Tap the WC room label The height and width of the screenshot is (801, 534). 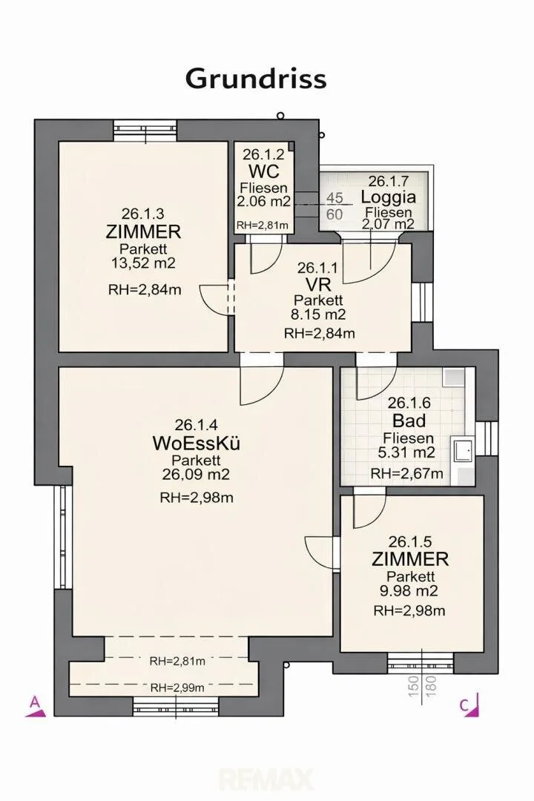point(264,171)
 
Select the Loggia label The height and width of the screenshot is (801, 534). point(389,197)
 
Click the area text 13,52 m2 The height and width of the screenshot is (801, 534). point(143,263)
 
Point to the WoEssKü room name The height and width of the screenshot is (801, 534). point(197,443)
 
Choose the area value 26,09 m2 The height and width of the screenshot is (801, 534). point(197,475)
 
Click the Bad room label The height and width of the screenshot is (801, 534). point(409,421)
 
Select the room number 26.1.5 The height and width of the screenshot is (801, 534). point(410,541)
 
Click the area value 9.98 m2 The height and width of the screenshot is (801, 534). point(410,591)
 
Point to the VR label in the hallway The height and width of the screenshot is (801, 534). point(318,285)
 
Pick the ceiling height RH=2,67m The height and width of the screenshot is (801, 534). point(406,473)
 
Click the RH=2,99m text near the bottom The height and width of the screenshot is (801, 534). point(177,688)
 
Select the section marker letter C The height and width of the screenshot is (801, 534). point(464,705)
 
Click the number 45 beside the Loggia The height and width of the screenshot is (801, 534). point(334,198)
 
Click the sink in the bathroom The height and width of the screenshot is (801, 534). point(463,451)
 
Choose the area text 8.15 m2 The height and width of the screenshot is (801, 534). point(318,314)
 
